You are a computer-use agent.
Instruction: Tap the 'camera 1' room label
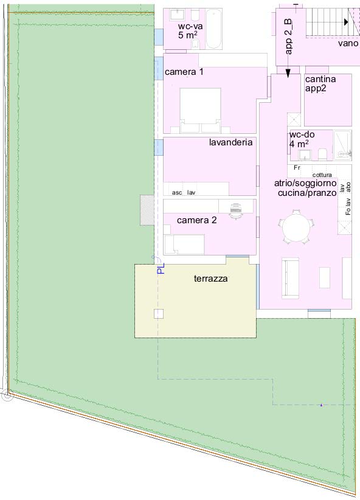(x=184, y=72)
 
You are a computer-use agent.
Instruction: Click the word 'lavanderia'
(x=230, y=143)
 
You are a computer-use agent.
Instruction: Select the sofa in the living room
(x=291, y=279)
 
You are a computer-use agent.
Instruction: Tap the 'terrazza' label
(x=210, y=279)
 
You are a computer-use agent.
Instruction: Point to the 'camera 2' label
(x=196, y=220)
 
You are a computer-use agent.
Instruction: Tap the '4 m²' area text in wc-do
(x=299, y=144)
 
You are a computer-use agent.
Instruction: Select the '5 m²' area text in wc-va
(x=189, y=36)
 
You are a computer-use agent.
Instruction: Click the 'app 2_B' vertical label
(x=288, y=37)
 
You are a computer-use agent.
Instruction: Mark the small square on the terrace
(x=158, y=314)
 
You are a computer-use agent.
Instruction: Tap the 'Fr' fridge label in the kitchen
(x=297, y=167)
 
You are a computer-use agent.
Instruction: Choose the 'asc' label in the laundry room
(x=177, y=192)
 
